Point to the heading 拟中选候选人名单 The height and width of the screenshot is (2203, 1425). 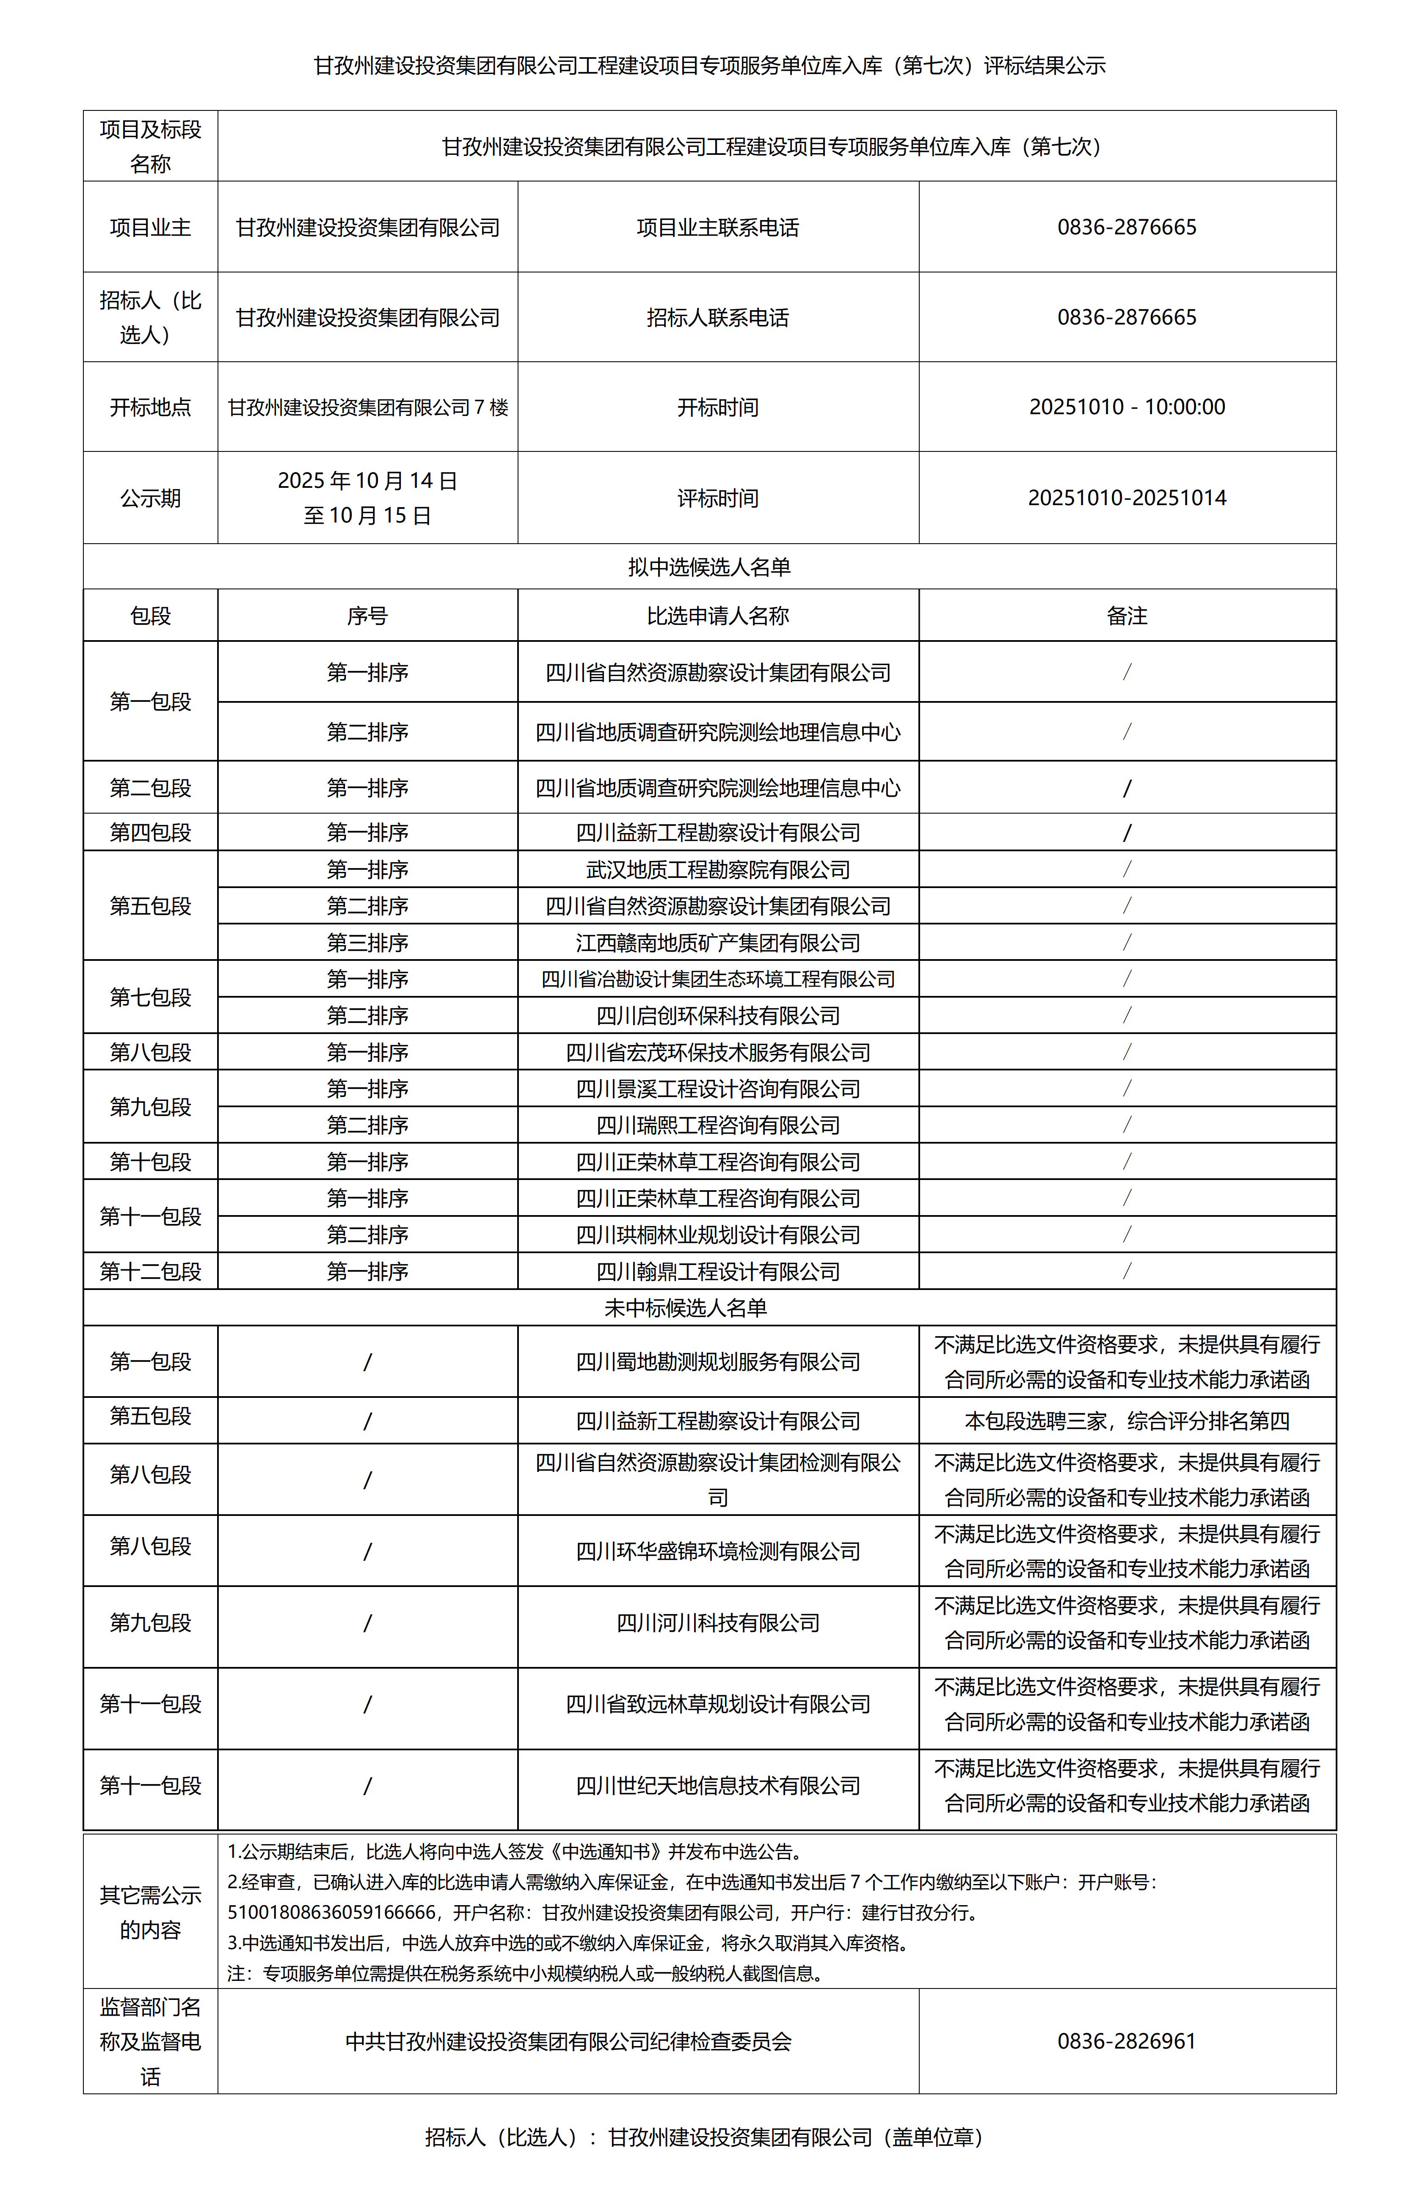(x=709, y=567)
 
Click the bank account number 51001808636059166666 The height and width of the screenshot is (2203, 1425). (x=331, y=1911)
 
